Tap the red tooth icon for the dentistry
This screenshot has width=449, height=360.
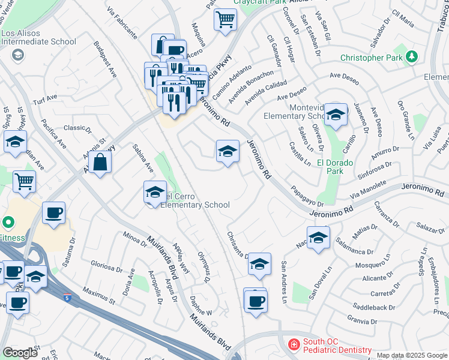(x=294, y=344)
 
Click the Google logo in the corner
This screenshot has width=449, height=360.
(x=20, y=353)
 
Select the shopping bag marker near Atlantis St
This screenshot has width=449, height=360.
(x=100, y=162)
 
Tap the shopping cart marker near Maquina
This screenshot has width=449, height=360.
(x=225, y=20)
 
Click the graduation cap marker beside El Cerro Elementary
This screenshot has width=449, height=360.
(x=155, y=193)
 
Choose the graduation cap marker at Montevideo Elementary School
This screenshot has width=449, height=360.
(x=336, y=114)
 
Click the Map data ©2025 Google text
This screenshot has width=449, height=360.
(x=412, y=355)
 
